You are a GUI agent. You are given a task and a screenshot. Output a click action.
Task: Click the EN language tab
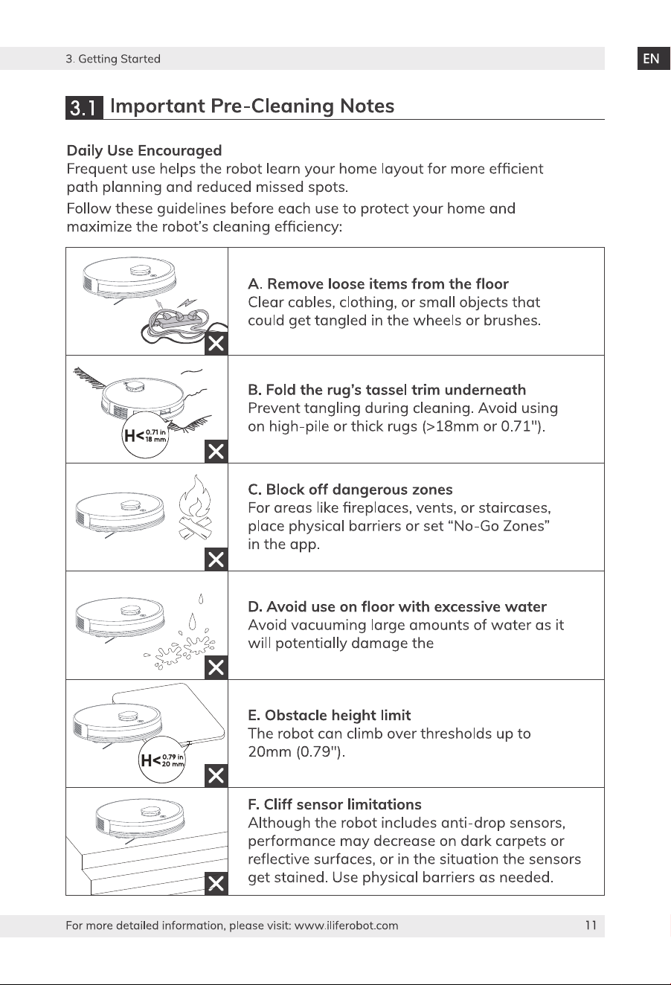pos(653,59)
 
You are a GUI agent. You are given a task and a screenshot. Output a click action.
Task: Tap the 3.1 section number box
pos(84,107)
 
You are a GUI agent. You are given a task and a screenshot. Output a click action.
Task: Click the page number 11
pos(591,925)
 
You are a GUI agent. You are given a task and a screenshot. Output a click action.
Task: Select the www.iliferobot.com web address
pos(346,925)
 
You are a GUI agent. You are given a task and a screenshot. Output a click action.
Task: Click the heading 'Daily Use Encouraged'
pos(144,150)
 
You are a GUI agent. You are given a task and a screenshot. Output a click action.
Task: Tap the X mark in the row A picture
pos(216,344)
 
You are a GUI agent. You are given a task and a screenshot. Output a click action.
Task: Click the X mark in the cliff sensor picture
pos(216,883)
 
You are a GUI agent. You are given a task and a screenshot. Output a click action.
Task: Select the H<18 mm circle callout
pos(145,435)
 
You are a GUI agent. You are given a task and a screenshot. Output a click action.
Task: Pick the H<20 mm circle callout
pos(162,760)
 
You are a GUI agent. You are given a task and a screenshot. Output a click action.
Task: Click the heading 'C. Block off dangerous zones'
pos(350,490)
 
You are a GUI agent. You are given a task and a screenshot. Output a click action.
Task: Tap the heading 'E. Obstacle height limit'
pos(330,715)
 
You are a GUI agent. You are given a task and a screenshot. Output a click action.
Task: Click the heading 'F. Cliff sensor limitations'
pos(335,804)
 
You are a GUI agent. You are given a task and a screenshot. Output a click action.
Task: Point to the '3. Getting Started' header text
pos(113,59)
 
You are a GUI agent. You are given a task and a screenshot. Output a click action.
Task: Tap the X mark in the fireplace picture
pos(216,559)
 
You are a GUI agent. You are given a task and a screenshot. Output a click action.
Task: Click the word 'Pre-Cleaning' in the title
pos(272,106)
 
